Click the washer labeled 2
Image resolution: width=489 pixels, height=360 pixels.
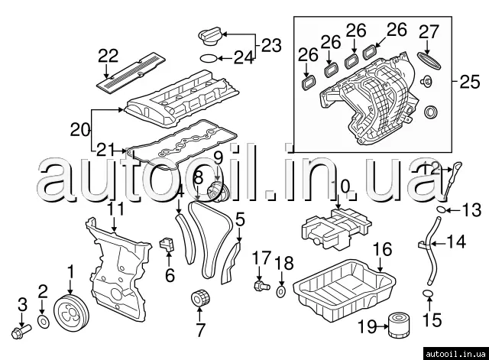(x=44, y=319)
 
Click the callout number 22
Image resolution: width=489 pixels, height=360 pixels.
(x=109, y=54)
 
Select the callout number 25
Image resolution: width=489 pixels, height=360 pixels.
(x=467, y=79)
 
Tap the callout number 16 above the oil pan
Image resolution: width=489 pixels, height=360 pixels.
(x=382, y=249)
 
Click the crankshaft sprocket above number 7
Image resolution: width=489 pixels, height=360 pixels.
(x=201, y=300)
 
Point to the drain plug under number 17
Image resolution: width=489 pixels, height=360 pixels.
(x=260, y=286)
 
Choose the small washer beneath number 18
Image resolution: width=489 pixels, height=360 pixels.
(x=283, y=291)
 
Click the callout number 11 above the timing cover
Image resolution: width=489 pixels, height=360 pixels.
(x=115, y=208)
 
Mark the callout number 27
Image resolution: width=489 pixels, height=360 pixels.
(x=429, y=31)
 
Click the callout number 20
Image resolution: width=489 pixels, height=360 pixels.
(x=80, y=130)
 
